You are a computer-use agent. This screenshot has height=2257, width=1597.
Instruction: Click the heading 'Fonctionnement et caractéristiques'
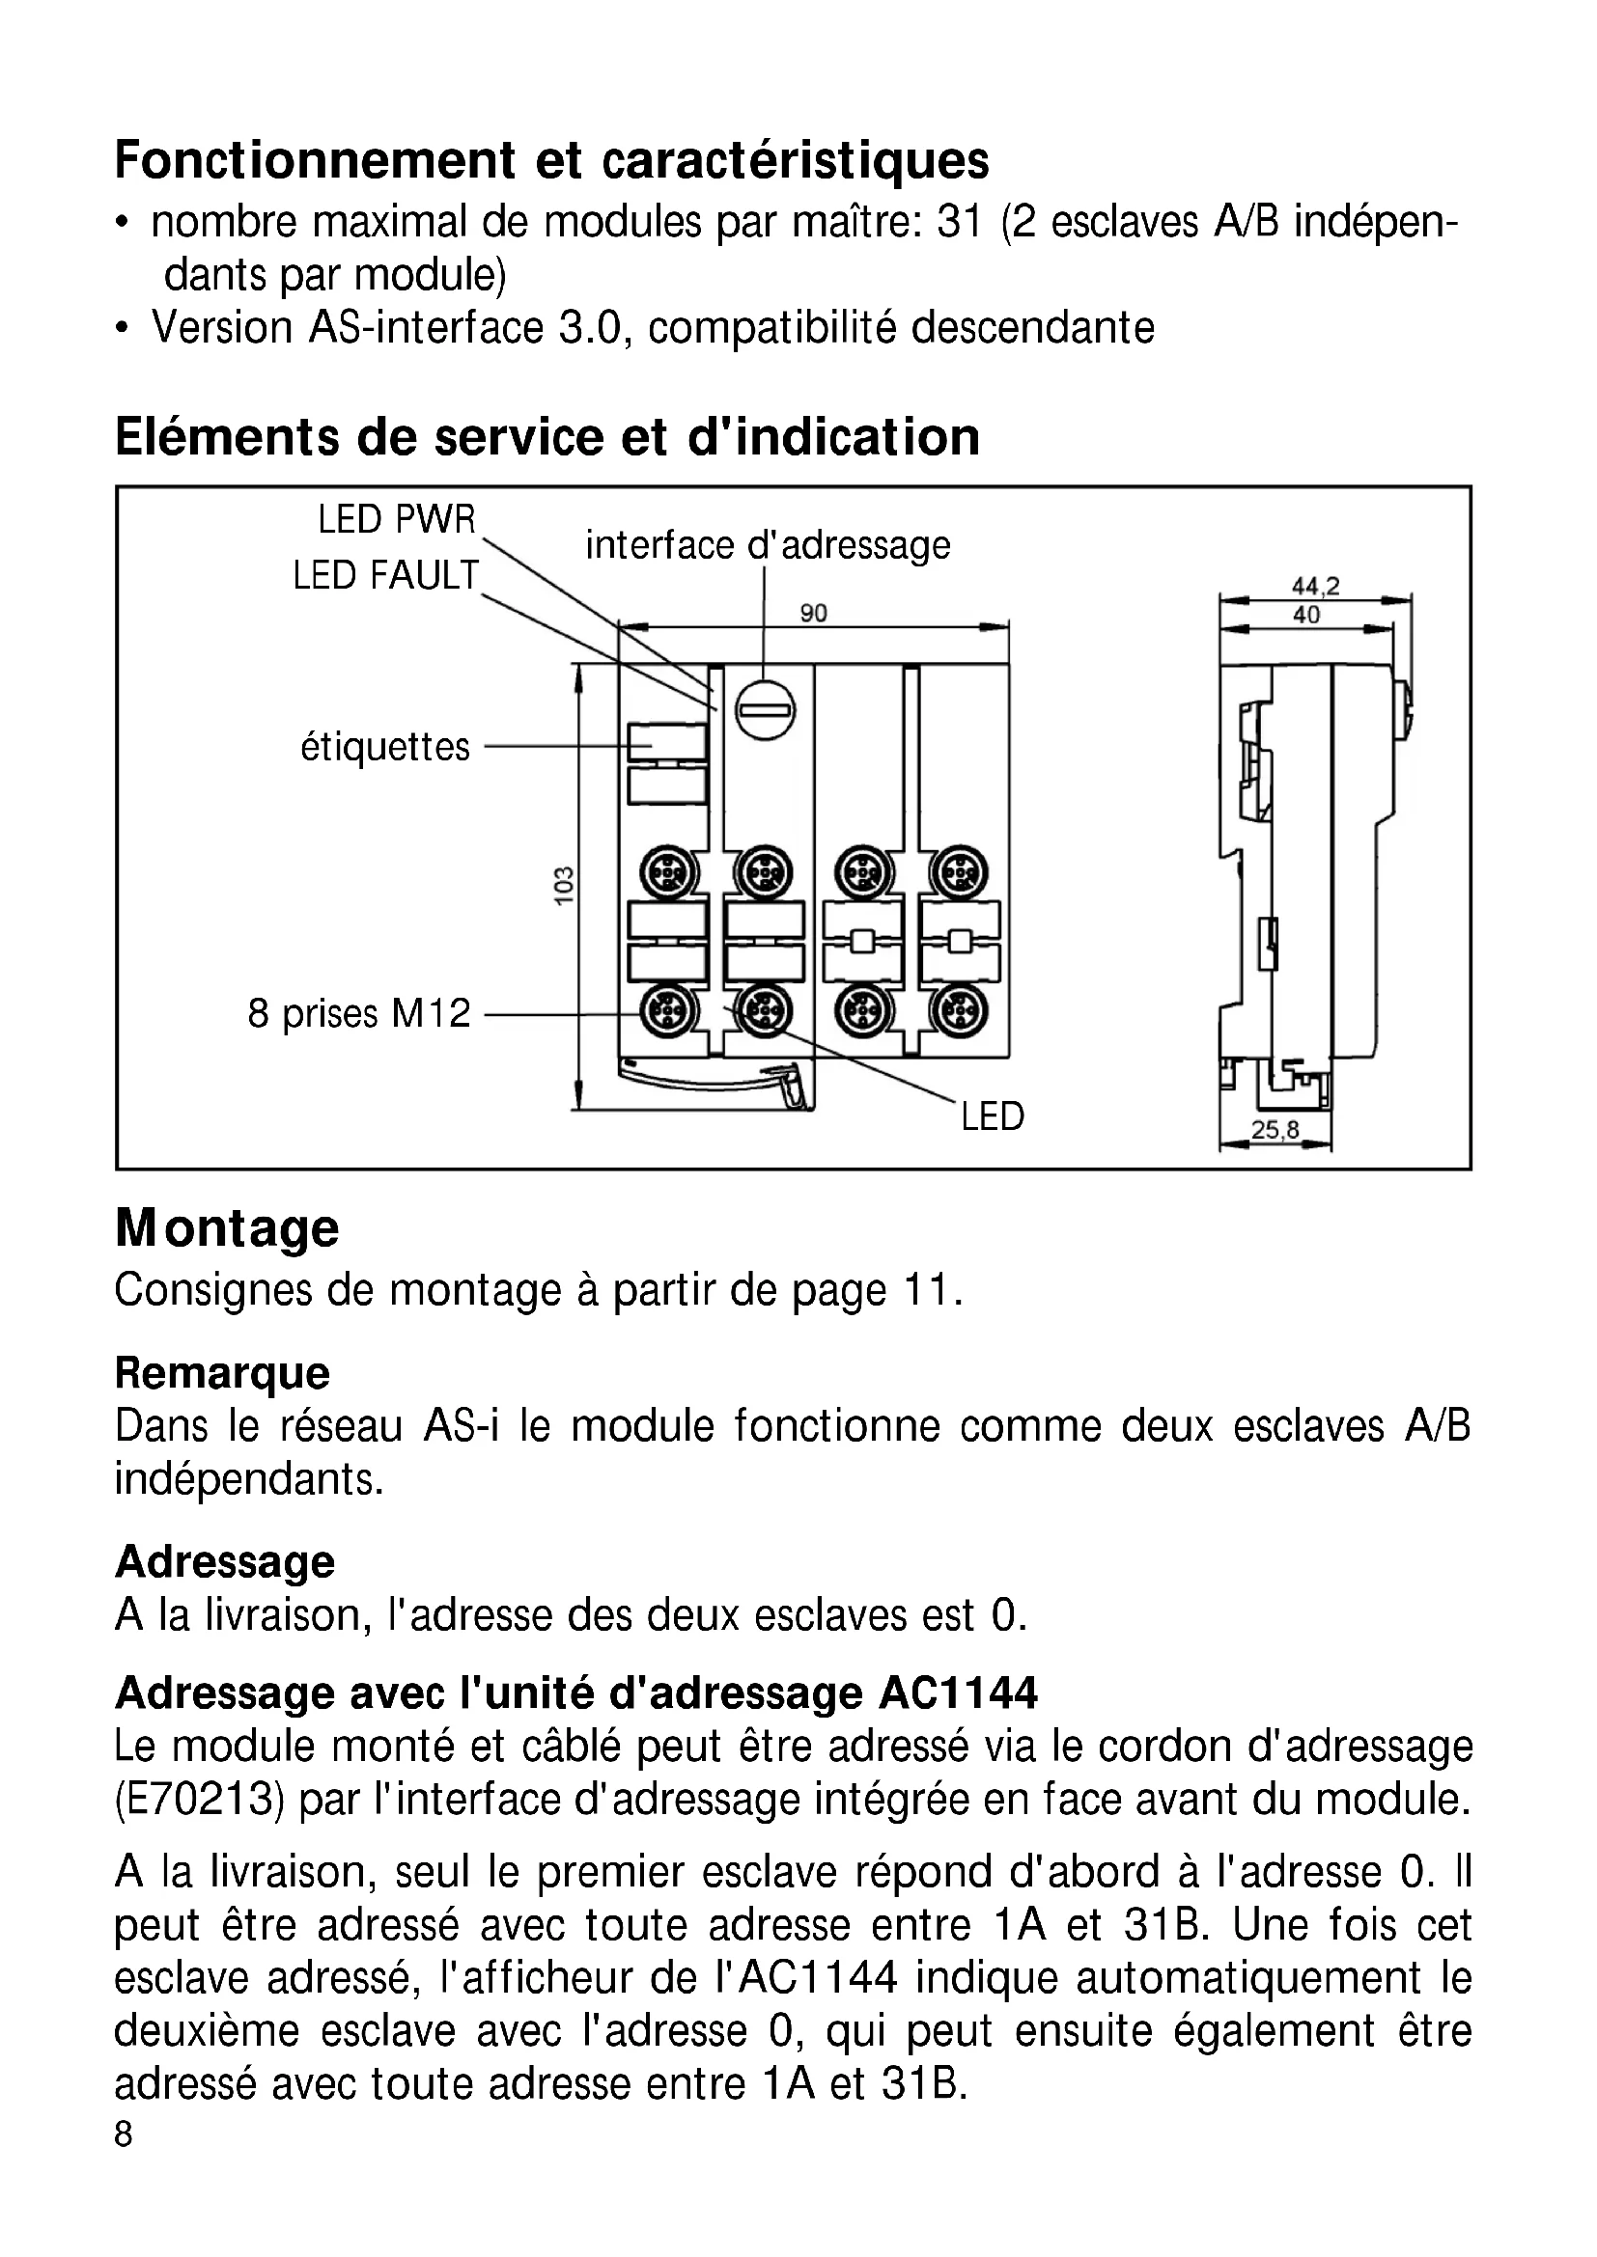click(551, 160)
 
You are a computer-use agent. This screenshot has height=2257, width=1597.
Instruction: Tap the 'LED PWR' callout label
click(396, 519)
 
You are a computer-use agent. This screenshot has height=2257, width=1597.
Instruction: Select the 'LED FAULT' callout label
click(385, 575)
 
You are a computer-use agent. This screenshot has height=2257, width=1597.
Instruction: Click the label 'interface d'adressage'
click(768, 544)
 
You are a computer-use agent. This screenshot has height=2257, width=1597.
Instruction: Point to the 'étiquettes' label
click(385, 747)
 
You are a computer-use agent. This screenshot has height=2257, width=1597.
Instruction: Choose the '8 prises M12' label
click(359, 1013)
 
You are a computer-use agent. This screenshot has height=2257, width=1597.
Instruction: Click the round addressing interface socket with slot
click(765, 710)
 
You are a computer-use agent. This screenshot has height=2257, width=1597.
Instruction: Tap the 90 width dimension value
click(813, 614)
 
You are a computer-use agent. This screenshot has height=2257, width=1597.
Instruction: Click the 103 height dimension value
click(564, 887)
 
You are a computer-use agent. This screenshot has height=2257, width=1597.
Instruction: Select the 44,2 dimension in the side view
click(1315, 587)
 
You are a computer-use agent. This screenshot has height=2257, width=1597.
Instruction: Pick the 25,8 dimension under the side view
click(1275, 1131)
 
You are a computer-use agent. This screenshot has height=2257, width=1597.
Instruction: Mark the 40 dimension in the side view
click(1306, 616)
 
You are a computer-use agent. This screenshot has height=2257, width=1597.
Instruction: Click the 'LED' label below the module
click(993, 1116)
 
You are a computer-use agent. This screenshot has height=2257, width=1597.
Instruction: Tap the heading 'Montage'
click(227, 1228)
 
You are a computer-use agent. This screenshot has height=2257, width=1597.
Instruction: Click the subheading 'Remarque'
click(222, 1373)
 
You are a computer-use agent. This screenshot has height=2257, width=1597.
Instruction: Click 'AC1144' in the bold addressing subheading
click(959, 1693)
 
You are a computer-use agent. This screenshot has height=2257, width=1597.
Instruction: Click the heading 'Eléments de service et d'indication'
click(546, 437)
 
